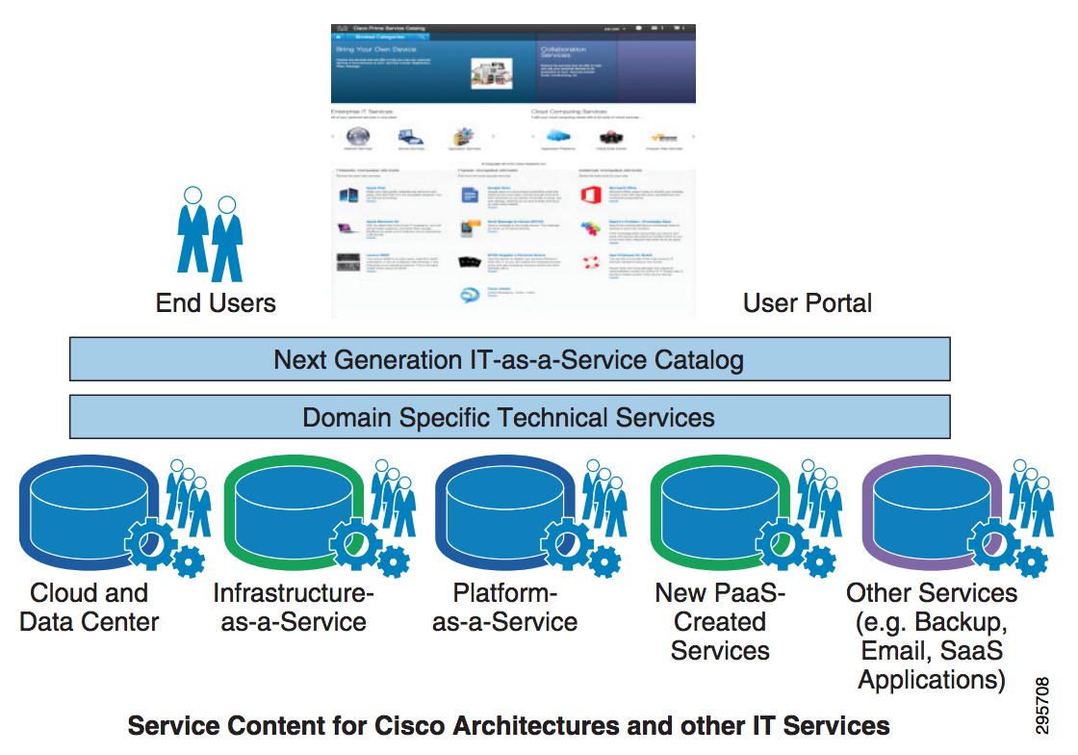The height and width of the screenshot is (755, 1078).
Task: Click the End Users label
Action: [216, 302]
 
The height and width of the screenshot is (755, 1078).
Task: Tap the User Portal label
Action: [808, 302]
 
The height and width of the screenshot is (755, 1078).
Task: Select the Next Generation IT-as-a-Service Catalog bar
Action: [509, 360]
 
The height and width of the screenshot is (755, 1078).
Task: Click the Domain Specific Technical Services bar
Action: [509, 417]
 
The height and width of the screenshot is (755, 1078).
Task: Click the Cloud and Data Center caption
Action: [90, 607]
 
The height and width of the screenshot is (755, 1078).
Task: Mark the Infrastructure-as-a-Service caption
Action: [294, 607]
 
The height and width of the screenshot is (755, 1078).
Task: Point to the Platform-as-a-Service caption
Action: [505, 607]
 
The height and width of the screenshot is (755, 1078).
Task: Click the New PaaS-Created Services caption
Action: [720, 621]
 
